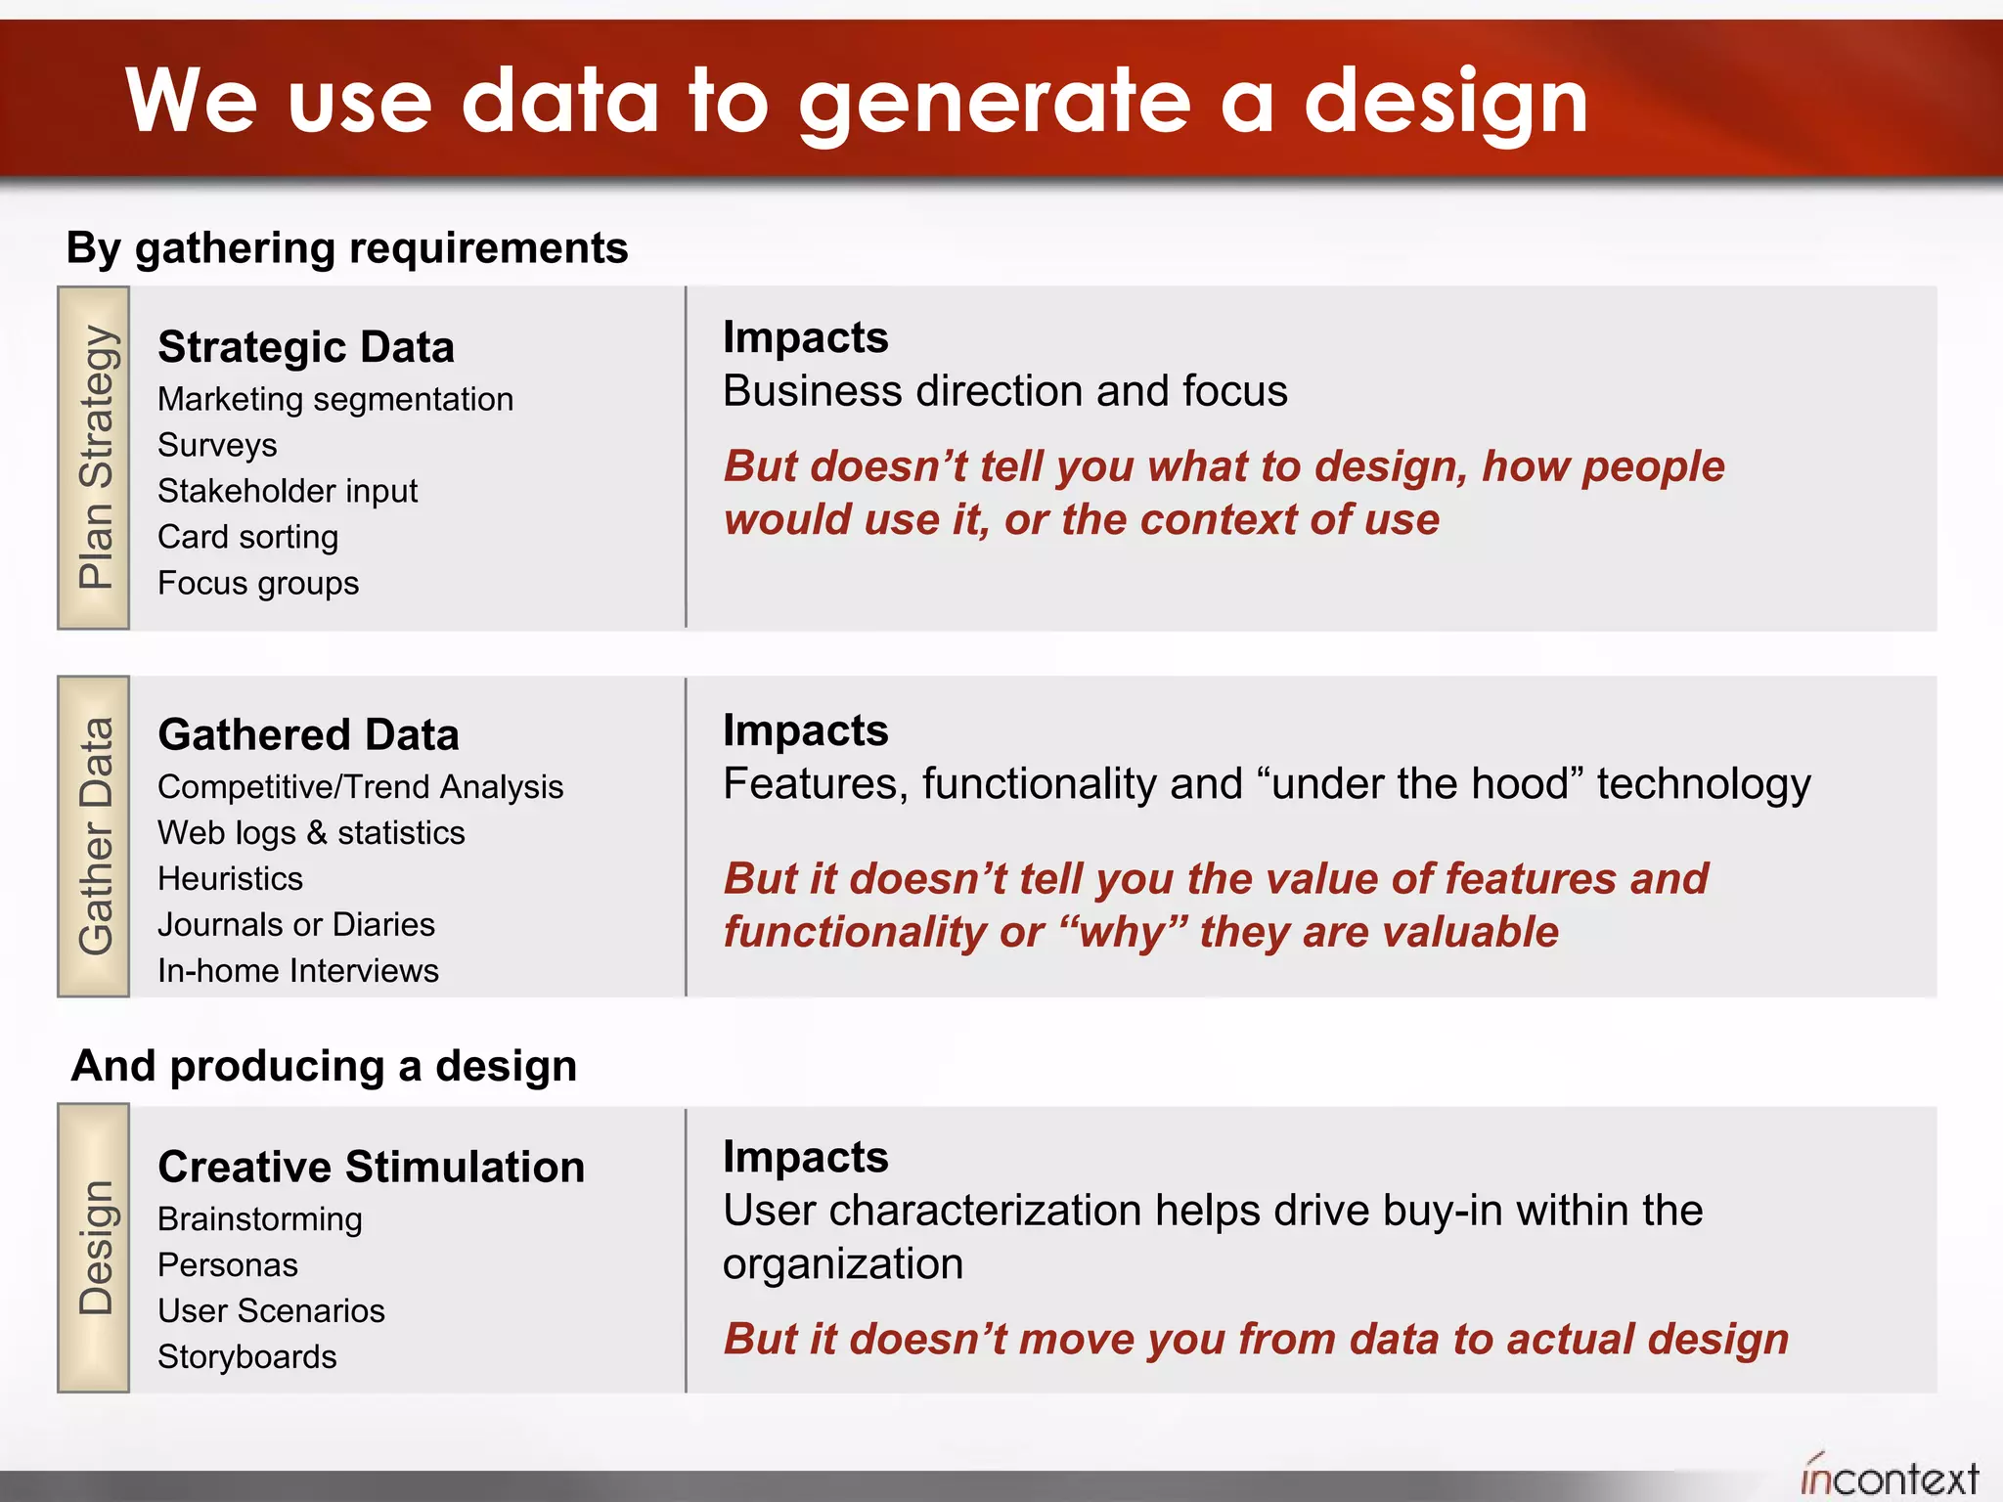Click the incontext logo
(x=1889, y=1477)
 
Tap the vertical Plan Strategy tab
(x=95, y=458)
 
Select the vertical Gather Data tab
(x=95, y=836)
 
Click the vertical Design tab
(x=95, y=1248)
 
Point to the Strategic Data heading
(x=306, y=348)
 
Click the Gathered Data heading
(x=308, y=735)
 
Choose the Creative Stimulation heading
(x=371, y=1168)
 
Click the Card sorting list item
(x=247, y=537)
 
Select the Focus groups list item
(x=258, y=583)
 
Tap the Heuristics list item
(x=230, y=878)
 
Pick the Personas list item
(x=227, y=1265)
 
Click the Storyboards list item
(x=246, y=1357)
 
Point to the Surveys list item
(x=217, y=445)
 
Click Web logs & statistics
(x=311, y=833)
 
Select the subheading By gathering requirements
(x=346, y=248)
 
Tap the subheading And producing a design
(x=324, y=1066)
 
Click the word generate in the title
(x=995, y=103)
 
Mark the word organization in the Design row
(x=842, y=1264)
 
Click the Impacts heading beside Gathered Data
(x=805, y=730)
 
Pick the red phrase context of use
(x=1289, y=520)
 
